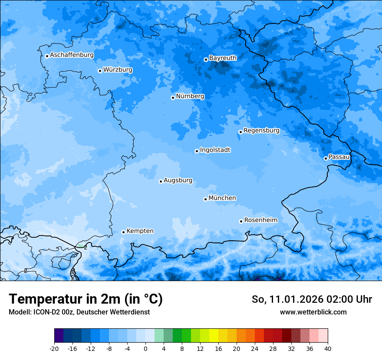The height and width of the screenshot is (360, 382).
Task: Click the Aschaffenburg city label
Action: point(72,55)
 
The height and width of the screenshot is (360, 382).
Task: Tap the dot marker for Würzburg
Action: point(100,71)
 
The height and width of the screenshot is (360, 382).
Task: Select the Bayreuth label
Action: point(223,58)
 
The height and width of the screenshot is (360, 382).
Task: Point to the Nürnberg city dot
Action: point(173,98)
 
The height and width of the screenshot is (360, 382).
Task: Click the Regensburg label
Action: point(261,130)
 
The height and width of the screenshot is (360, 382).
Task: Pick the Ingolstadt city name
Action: point(215,150)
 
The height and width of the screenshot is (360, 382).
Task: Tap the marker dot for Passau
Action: point(326,158)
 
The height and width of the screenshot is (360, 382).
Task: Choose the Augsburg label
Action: point(178,180)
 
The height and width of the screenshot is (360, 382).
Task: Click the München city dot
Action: point(205,199)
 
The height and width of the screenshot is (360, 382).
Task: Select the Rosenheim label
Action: point(260,220)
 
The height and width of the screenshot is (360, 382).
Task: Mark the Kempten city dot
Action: point(123,232)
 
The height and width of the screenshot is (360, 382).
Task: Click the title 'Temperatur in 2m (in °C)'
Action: point(86,299)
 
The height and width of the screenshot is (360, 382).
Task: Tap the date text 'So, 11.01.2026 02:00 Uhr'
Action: point(312,299)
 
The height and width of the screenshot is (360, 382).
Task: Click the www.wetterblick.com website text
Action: point(313,312)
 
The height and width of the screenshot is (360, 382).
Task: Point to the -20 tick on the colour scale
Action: point(54,348)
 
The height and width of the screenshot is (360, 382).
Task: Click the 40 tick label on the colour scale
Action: point(328,348)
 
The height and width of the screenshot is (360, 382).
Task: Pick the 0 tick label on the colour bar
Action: point(145,348)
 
